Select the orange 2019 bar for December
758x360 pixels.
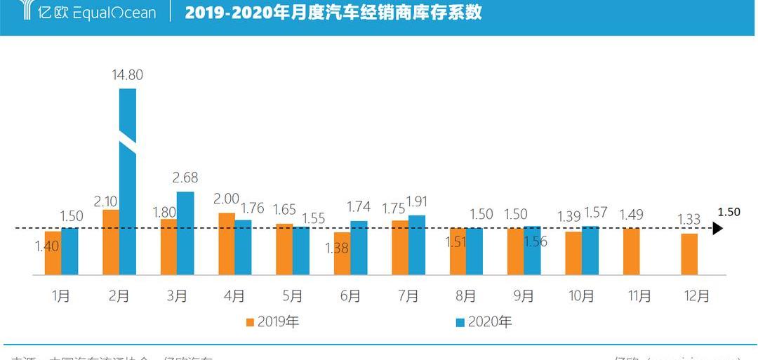pos(689,254)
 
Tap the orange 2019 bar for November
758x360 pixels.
pos(631,251)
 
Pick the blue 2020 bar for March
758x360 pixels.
pos(185,233)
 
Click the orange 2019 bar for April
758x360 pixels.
pos(227,244)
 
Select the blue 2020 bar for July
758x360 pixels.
pos(417,245)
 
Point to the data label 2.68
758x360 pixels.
pos(185,178)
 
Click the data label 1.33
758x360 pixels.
pos(689,220)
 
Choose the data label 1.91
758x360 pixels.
pos(417,201)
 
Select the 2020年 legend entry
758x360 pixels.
pos(484,322)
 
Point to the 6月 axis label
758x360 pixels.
pos(350,296)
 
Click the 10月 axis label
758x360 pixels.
pos(581,296)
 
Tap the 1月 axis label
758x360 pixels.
pos(61,296)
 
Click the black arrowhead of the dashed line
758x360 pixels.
pos(717,228)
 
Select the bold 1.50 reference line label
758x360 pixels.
pos(729,212)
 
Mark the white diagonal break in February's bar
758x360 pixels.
pos(127,144)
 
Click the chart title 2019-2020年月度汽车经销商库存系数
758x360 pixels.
pos(333,13)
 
